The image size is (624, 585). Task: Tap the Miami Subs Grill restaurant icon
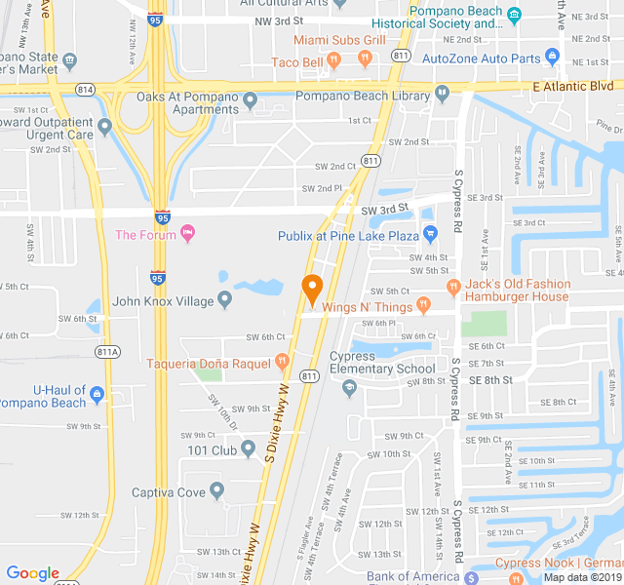(x=365, y=58)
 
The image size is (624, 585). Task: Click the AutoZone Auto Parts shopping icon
(x=551, y=58)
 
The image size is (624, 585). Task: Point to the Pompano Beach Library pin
(x=442, y=94)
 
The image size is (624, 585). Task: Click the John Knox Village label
(x=163, y=301)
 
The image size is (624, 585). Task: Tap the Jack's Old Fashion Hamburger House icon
(x=452, y=287)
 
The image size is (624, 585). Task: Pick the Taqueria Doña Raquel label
(x=208, y=364)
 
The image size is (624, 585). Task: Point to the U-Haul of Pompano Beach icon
(x=97, y=396)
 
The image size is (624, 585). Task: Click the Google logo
(x=32, y=573)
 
